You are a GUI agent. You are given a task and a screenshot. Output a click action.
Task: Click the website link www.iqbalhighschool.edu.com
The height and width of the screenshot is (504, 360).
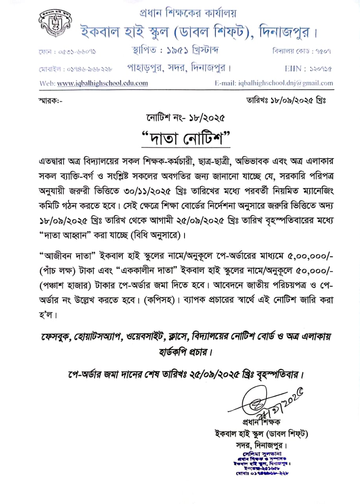pos(103,83)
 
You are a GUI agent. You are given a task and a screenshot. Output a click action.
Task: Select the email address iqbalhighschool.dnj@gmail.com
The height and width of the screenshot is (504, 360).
pos(286,83)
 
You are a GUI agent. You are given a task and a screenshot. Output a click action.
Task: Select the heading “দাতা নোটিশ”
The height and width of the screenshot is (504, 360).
pos(185,139)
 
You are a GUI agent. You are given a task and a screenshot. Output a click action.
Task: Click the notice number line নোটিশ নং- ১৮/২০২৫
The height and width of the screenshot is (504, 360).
pos(185,117)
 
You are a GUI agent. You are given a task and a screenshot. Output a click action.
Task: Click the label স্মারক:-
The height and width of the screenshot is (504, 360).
pos(51,101)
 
